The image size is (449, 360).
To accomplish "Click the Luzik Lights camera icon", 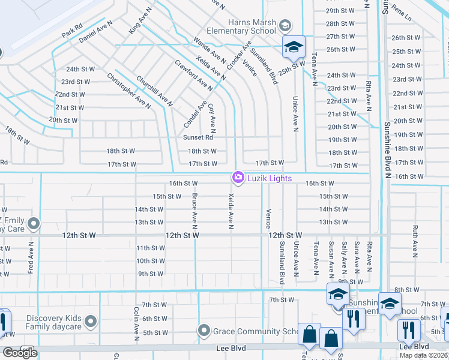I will point(238,178).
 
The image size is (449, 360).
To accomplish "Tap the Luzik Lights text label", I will point(269,178).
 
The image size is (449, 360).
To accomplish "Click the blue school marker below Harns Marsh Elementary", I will point(294,47).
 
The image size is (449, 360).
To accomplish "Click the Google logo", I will point(20,353).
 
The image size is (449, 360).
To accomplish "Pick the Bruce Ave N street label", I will point(195,210).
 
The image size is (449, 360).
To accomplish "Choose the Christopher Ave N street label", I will point(128,91).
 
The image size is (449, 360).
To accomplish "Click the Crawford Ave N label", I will point(194,75).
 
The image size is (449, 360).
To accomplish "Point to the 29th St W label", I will point(341,11).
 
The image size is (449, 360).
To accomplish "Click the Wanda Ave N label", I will point(209,52).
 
